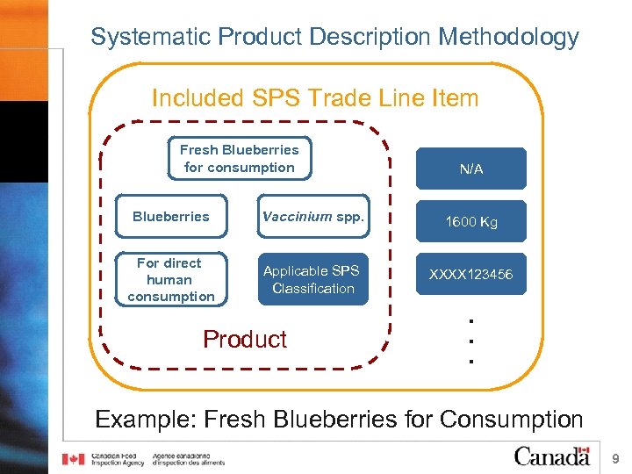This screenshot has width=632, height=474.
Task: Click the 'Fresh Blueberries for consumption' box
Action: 239,159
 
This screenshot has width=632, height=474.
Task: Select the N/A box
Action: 471,169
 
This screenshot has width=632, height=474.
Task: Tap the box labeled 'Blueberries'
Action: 170,217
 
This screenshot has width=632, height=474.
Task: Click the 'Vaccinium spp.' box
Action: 312,217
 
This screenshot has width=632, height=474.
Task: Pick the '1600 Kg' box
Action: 471,221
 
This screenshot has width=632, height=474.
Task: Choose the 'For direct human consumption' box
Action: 170,279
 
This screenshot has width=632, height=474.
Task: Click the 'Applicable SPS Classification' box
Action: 312,279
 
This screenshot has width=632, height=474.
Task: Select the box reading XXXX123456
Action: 471,275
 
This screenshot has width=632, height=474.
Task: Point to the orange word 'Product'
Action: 245,339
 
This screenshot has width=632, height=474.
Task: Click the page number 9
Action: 615,458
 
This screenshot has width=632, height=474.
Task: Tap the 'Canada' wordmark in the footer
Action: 551,456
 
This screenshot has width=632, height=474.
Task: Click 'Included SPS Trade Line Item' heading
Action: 315,97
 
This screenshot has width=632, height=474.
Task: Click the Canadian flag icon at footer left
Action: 75,459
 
